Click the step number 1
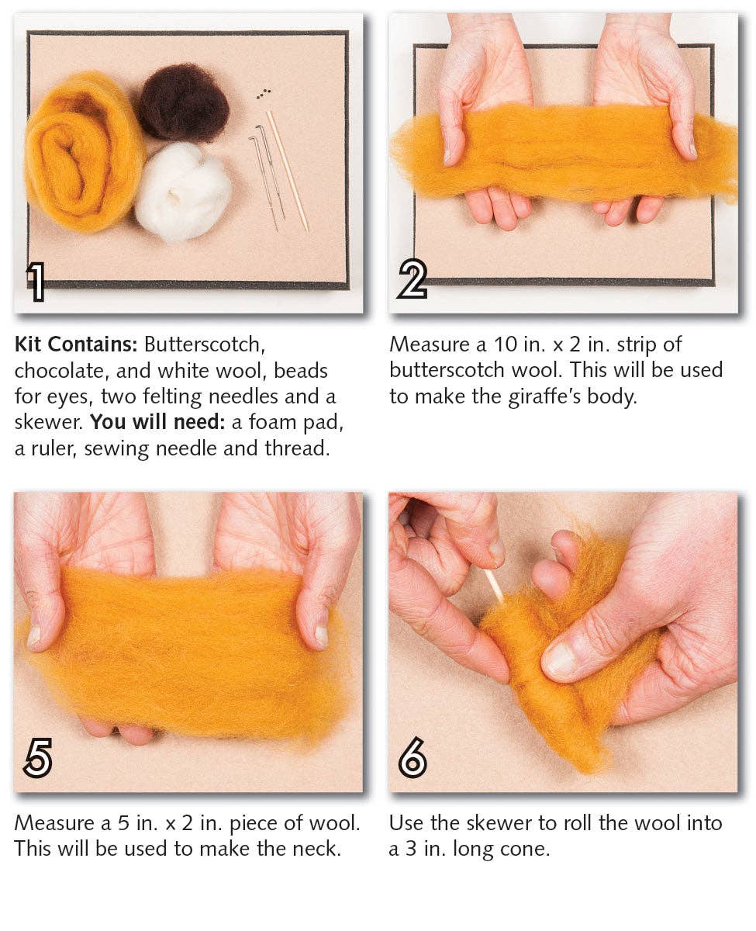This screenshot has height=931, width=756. [36, 281]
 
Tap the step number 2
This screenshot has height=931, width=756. [412, 279]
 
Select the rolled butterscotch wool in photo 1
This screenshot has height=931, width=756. [83, 151]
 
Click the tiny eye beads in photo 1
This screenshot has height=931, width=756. [264, 93]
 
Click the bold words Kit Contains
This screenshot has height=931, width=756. [75, 344]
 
